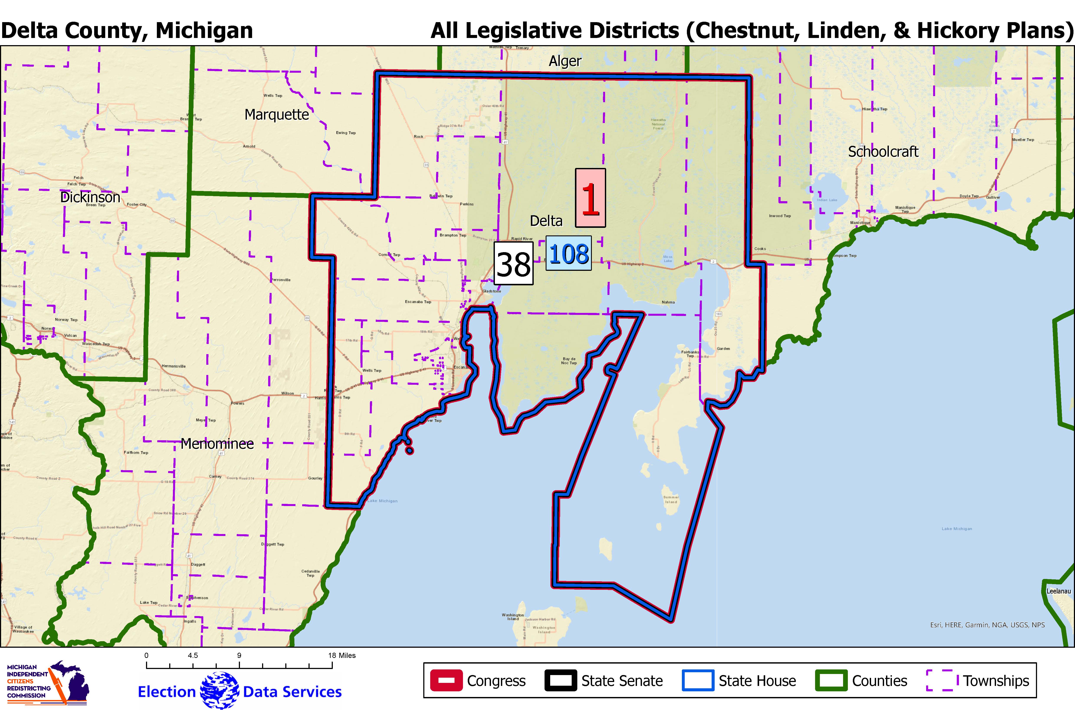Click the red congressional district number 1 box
click(x=590, y=198)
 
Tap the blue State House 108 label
click(x=568, y=254)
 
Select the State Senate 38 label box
click(x=513, y=263)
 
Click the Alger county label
click(x=565, y=61)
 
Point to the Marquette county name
click(x=277, y=115)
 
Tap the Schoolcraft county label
click(x=883, y=152)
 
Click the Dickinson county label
click(x=90, y=197)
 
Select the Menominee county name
click(x=217, y=444)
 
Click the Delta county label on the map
click(x=546, y=221)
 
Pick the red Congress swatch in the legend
click(x=446, y=680)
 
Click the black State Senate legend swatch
click(x=561, y=680)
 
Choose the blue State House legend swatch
click(x=698, y=680)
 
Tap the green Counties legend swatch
click(x=831, y=680)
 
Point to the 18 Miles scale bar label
click(x=342, y=655)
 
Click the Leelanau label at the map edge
click(x=1059, y=591)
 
